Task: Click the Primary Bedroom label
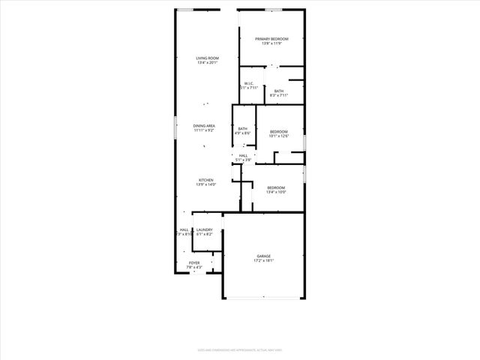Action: [x=271, y=39]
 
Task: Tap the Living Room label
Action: [x=207, y=58]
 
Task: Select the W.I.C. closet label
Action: [x=249, y=83]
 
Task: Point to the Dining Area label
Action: [x=204, y=126]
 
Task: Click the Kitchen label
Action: [x=206, y=180]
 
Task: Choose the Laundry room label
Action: [x=204, y=229]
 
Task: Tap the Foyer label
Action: [x=194, y=262]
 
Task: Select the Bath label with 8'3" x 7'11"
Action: [x=279, y=91]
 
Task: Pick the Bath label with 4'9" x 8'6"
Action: [x=243, y=128]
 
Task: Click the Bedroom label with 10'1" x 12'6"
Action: [x=279, y=131]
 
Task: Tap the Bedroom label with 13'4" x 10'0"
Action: [x=276, y=187]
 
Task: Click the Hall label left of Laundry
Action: [x=184, y=229]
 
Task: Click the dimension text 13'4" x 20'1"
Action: [x=207, y=63]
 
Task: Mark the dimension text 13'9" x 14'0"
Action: [x=206, y=184]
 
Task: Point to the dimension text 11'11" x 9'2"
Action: [x=204, y=130]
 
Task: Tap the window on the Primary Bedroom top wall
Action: [x=273, y=10]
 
